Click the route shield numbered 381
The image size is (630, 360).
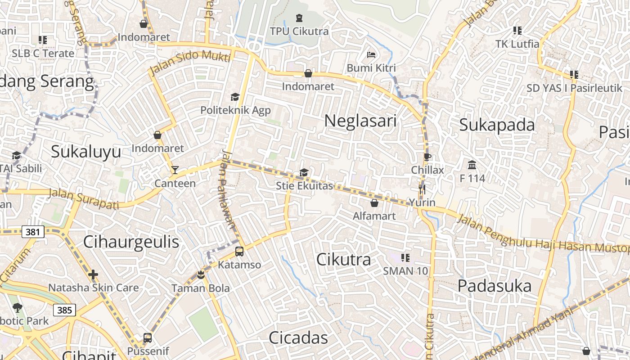click(32, 232)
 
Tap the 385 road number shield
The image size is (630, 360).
click(64, 310)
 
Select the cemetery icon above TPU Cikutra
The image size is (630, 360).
click(299, 18)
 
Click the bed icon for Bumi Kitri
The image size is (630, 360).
click(371, 55)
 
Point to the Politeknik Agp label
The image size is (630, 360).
click(235, 110)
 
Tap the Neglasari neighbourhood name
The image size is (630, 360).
click(360, 121)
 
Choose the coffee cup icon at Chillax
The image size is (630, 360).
click(427, 157)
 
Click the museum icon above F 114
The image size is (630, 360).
click(472, 165)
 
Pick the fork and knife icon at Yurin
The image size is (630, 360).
click(422, 189)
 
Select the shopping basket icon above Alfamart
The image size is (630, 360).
click(374, 203)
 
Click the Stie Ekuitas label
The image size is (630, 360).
click(304, 186)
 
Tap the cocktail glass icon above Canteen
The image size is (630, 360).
click(175, 170)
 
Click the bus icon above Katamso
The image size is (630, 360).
click(239, 252)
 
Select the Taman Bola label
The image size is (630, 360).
click(200, 288)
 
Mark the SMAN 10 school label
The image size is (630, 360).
click(405, 271)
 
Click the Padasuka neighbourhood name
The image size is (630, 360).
click(495, 286)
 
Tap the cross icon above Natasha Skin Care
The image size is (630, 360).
click(93, 274)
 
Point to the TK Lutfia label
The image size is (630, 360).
click(517, 44)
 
